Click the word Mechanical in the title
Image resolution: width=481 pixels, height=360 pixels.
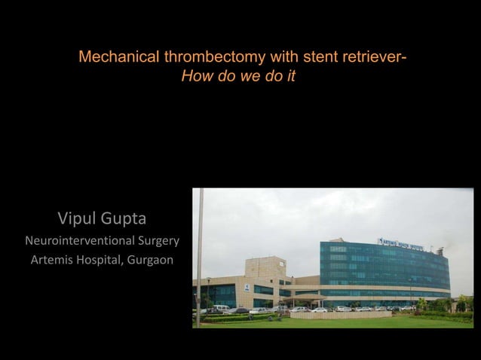coord(115,58)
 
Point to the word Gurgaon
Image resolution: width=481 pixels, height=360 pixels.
coord(149,261)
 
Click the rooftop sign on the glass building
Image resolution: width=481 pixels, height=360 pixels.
coord(400,243)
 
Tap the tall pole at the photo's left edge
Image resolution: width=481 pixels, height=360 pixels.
coord(200,256)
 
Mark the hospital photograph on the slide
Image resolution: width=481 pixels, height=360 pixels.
coord(332,258)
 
